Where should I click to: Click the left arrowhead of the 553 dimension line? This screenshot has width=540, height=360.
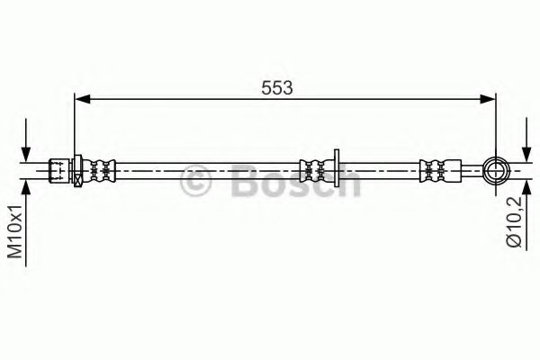click(x=80, y=101)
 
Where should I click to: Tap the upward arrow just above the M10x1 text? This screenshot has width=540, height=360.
click(x=30, y=186)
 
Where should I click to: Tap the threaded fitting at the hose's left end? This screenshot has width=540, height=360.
click(x=59, y=167)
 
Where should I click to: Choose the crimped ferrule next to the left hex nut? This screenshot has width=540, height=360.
click(x=101, y=167)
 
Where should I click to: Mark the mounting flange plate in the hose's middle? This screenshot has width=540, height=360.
click(x=334, y=167)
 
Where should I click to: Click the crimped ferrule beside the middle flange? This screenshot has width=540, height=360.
click(x=314, y=167)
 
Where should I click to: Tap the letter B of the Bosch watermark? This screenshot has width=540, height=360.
click(x=241, y=183)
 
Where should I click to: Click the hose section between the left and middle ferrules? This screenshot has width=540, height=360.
click(x=207, y=167)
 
